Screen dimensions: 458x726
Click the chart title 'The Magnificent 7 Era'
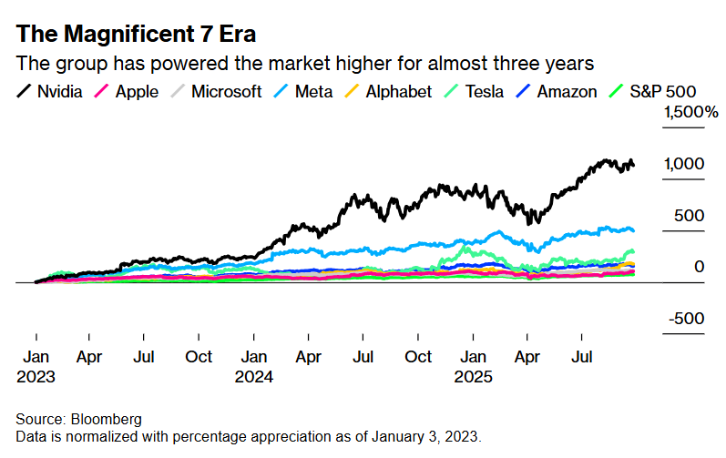136,35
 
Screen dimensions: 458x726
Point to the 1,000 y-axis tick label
684,164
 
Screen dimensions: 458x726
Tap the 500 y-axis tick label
690,216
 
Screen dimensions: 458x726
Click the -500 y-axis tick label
687,319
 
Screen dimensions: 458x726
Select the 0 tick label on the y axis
699,267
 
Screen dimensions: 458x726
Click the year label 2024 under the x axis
256,376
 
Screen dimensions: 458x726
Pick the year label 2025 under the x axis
474,376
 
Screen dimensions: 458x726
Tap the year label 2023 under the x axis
36,376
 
